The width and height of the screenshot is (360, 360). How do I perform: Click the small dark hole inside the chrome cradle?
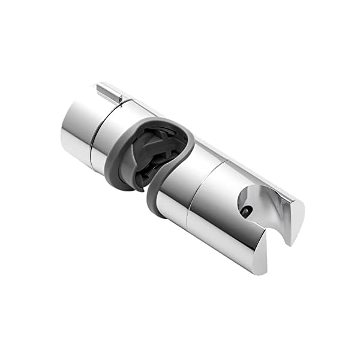tap(247, 211)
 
